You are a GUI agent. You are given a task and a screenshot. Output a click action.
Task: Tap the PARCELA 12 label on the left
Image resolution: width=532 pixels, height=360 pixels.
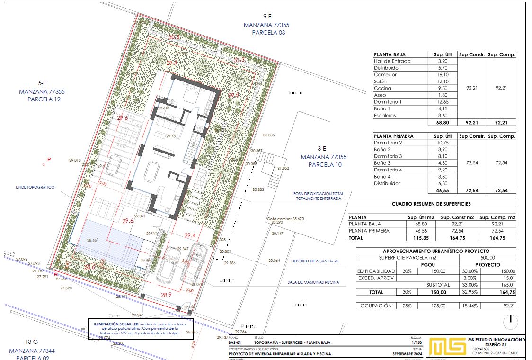coord(44,99)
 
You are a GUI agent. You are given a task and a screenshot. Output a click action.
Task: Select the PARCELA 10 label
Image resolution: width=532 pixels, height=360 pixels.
coord(325,165)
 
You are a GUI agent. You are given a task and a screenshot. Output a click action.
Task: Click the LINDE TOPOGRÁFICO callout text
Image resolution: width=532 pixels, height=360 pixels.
coord(35,187)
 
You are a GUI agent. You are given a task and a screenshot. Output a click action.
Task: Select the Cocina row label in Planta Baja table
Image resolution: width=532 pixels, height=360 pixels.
coord(382,88)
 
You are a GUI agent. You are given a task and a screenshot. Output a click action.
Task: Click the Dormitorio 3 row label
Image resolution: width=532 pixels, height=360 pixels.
coord(388,156)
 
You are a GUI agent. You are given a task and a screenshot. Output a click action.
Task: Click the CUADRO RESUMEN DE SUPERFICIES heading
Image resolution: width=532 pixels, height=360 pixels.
coord(432,204)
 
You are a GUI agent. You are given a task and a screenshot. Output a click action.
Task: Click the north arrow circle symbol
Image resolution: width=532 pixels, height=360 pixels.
coord(511,321)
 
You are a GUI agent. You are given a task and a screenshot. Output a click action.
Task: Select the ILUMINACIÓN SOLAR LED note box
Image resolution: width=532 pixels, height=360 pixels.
coord(141,328)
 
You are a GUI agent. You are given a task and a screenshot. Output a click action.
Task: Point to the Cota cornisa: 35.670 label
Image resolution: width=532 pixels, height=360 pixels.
coord(285,219)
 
